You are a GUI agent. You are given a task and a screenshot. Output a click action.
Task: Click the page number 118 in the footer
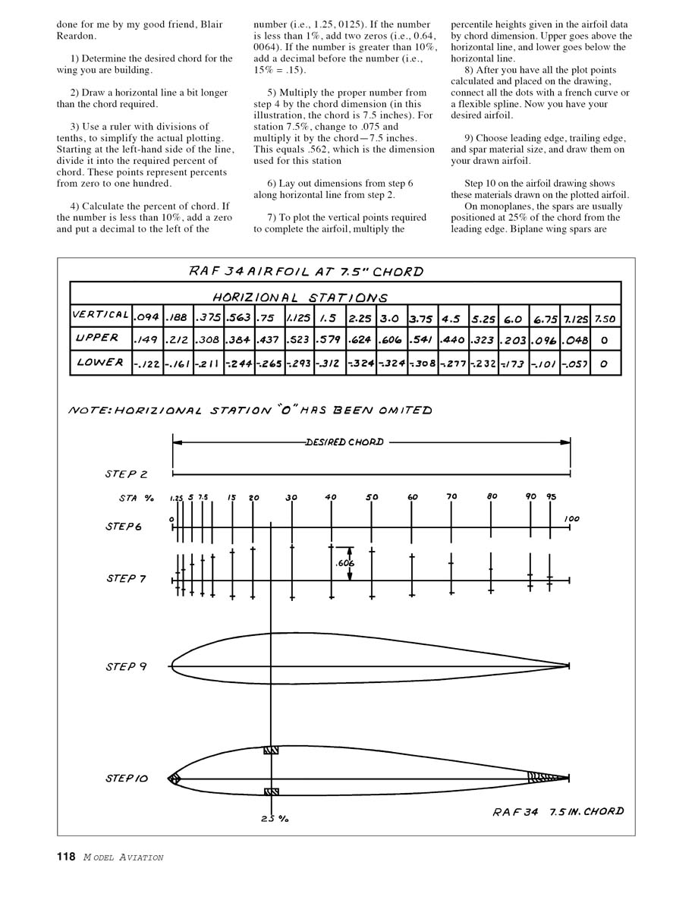[x=65, y=857]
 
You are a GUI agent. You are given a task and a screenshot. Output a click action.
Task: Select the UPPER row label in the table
[x=96, y=338]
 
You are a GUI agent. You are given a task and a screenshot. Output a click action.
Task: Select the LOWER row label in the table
[x=99, y=363]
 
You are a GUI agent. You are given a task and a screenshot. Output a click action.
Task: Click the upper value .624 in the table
[x=361, y=340]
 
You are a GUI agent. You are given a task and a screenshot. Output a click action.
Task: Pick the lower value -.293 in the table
[x=299, y=363]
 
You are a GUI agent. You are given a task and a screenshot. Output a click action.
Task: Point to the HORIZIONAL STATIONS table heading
[x=300, y=297]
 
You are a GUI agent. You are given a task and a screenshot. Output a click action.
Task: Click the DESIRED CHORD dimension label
[x=344, y=442]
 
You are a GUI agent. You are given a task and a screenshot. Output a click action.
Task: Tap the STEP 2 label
[x=126, y=474]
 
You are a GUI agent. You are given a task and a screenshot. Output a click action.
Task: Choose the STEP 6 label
[x=124, y=526]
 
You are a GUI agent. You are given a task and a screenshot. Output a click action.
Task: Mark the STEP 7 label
[x=126, y=578]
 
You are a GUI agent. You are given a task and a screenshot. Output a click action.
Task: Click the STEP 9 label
[x=126, y=667]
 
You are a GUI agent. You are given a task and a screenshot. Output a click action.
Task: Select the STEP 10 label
[x=127, y=779]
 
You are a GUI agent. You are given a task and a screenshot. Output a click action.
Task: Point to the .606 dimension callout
[x=344, y=563]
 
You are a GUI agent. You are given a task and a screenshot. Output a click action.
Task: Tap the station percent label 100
[x=572, y=519]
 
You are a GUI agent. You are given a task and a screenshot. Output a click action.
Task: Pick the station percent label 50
[x=372, y=498]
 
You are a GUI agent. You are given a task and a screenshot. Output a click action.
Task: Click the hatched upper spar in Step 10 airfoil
[x=272, y=751]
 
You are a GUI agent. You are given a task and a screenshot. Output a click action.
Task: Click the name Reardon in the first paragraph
[x=76, y=36]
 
